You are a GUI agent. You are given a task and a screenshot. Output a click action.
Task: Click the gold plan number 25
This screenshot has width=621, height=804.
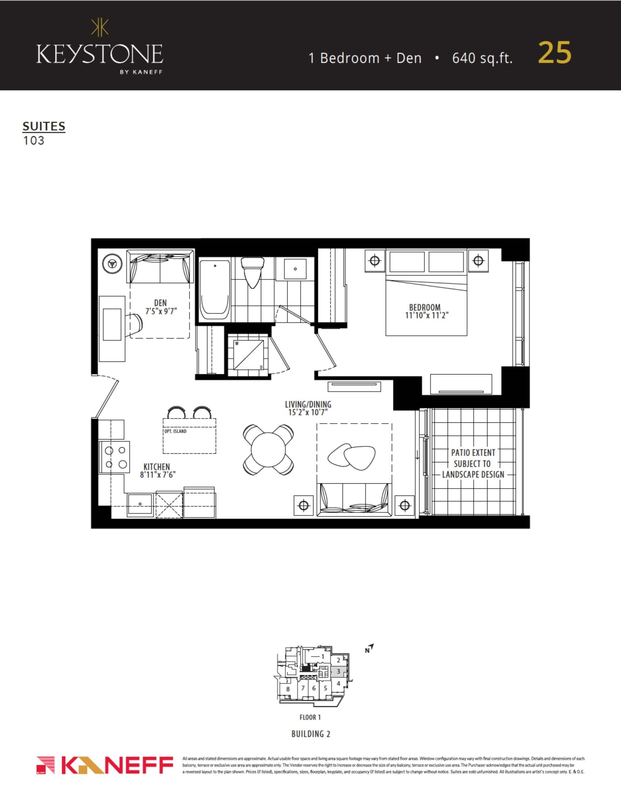coord(554,53)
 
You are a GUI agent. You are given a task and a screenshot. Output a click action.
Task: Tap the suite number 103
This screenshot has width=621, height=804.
coord(34,141)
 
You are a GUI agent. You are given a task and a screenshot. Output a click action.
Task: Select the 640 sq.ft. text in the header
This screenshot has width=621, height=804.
coord(482,58)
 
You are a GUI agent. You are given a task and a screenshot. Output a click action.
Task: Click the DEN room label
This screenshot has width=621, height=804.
coord(160,303)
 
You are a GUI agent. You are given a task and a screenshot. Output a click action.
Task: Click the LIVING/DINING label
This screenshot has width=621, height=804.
coord(308,404)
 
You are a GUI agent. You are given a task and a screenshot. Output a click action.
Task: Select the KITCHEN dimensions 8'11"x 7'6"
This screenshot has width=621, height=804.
coord(158,475)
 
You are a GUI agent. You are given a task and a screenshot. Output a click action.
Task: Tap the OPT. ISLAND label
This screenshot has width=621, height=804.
coord(175,431)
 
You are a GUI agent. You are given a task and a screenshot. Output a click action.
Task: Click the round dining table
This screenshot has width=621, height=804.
coord(268,449)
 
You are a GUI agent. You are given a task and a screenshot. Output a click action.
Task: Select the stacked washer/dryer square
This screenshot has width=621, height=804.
coord(248,355)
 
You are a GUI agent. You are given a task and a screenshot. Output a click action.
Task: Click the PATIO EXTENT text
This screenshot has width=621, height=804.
coord(473,453)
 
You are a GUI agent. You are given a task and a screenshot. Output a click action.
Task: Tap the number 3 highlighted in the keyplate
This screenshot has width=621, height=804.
coord(338,672)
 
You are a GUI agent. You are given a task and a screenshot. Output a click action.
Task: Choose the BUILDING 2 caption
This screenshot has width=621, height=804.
coord(311,734)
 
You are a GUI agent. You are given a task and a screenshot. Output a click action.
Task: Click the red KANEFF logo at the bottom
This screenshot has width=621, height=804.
coord(105,765)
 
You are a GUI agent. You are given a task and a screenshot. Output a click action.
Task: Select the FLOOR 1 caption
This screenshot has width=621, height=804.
coord(310,717)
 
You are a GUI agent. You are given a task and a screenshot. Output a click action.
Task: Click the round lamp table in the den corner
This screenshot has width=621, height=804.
coord(112,263)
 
